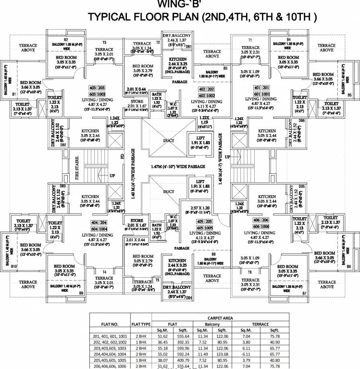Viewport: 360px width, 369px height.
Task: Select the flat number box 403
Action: (x=93, y=88)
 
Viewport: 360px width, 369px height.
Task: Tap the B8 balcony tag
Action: (x=213, y=253)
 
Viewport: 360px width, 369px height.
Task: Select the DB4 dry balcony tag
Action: (x=189, y=298)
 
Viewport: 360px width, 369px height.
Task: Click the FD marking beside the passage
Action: (x=122, y=157)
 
